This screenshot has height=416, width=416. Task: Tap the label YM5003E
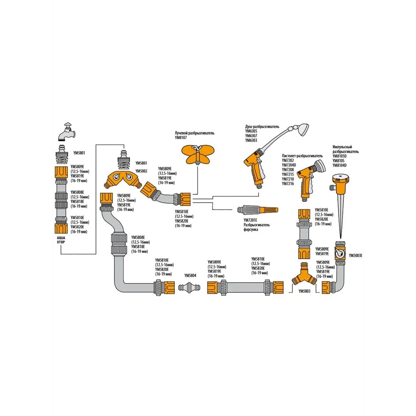click(x=355, y=255)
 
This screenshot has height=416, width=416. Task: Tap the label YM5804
click(x=190, y=275)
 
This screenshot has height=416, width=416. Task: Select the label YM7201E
click(x=250, y=220)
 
